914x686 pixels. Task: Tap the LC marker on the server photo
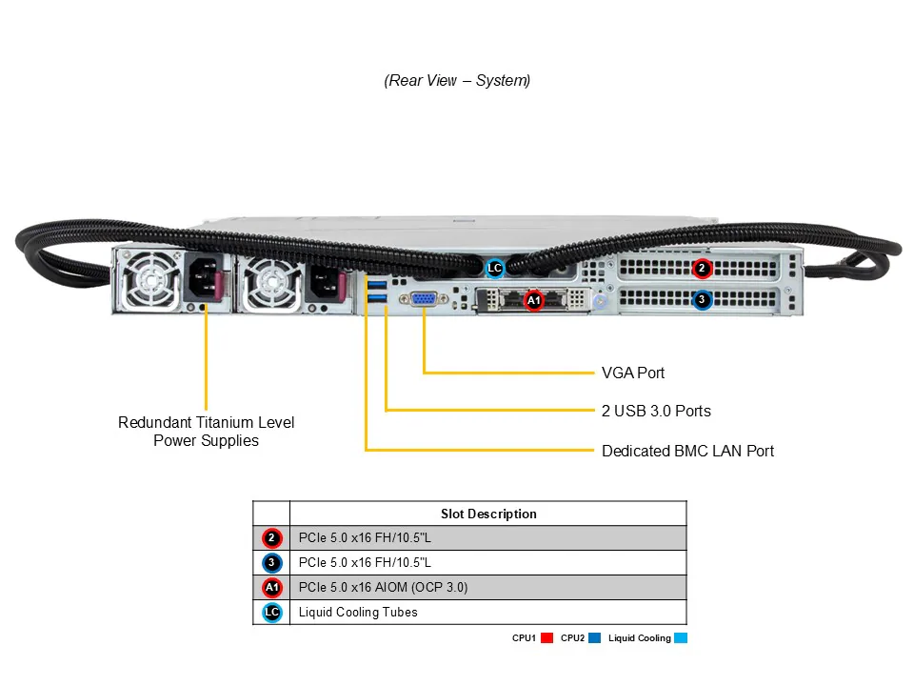[494, 269]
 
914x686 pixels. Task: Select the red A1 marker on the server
[533, 300]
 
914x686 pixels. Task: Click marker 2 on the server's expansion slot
[702, 268]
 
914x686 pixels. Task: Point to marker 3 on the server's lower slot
[702, 299]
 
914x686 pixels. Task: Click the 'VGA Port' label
[633, 373]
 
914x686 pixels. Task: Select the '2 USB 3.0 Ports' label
[656, 412]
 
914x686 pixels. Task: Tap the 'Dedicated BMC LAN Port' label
[687, 451]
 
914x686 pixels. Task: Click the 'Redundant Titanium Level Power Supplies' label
[206, 432]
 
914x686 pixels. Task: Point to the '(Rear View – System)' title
[457, 81]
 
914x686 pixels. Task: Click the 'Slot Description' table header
[488, 514]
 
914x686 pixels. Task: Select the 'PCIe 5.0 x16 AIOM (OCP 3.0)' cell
[383, 588]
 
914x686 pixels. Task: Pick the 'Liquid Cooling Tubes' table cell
[358, 613]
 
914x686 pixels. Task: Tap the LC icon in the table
[271, 613]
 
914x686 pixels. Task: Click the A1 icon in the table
[271, 588]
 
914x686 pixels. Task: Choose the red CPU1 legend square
[547, 638]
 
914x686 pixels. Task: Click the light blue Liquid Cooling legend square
[680, 638]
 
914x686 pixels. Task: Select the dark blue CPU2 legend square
[594, 638]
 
